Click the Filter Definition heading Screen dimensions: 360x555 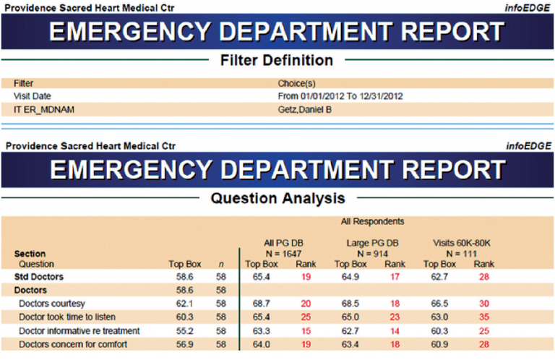pos(277,60)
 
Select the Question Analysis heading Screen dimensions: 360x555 pos(277,197)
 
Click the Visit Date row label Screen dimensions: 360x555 pos(33,96)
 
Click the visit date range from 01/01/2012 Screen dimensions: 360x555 pos(340,96)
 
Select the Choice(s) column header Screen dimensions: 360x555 pos(296,83)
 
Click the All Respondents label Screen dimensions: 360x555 pos(373,221)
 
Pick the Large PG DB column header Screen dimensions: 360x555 pos(373,244)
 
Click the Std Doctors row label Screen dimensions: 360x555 pos(39,276)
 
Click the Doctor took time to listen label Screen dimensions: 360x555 pos(69,317)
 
